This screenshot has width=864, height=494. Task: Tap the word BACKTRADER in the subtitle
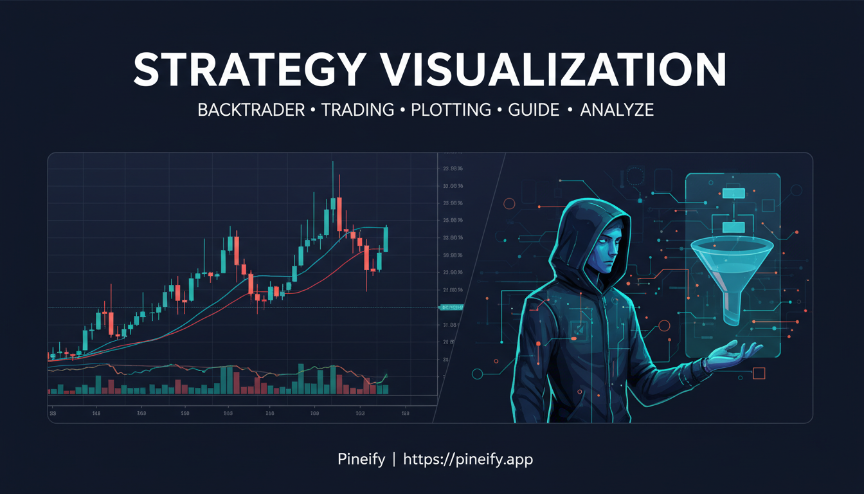[251, 110]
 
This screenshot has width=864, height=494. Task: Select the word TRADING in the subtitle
[357, 110]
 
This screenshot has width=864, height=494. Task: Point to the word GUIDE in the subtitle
[533, 110]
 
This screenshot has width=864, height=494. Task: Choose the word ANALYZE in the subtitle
[616, 110]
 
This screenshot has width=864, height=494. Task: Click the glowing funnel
[730, 270]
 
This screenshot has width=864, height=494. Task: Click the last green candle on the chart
[386, 240]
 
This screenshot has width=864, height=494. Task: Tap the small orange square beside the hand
[759, 373]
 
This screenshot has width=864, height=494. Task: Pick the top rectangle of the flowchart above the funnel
[732, 193]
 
